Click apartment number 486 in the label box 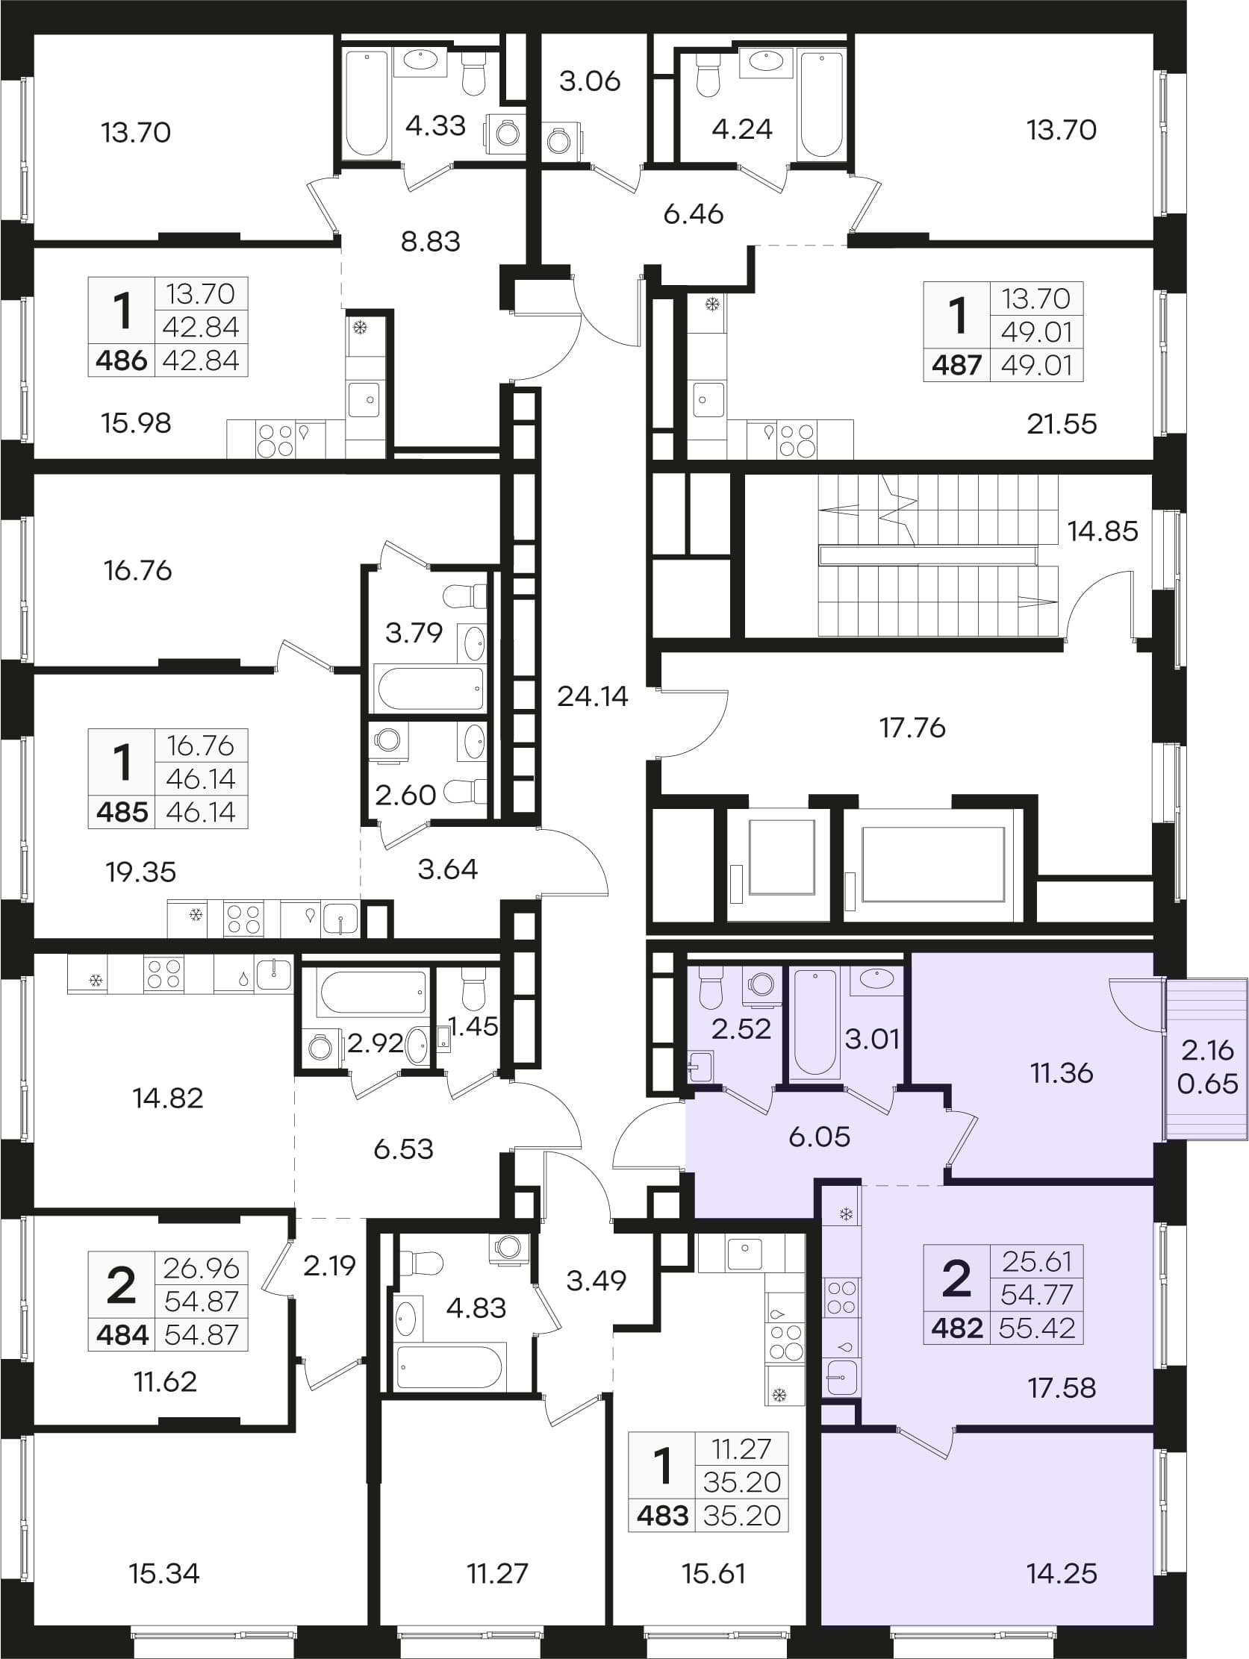[x=122, y=360]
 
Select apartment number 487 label [x=956, y=365]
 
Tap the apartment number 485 [x=122, y=812]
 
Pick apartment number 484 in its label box [x=122, y=1335]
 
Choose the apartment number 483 [x=662, y=1516]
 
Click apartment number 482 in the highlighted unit [x=956, y=1328]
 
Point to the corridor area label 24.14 [x=593, y=697]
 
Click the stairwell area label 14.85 [x=1102, y=531]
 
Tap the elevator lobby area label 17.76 [x=912, y=728]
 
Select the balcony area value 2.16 [x=1207, y=1051]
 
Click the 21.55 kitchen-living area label [x=1062, y=425]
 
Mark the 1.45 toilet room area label [x=473, y=1026]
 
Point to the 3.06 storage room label [x=591, y=81]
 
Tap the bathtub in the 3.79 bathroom [x=430, y=688]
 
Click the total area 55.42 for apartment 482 [x=1038, y=1328]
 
